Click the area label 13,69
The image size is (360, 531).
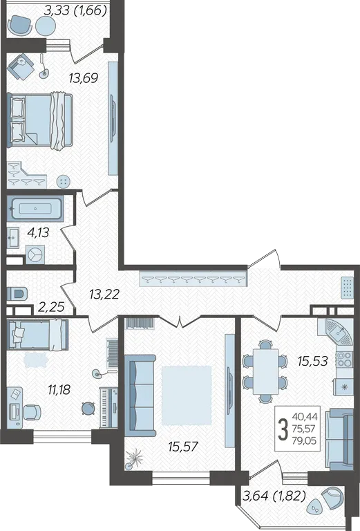pyautogui.click(x=83, y=78)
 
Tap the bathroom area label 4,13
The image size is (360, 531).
pyautogui.click(x=38, y=232)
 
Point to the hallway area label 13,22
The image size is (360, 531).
pyautogui.click(x=104, y=295)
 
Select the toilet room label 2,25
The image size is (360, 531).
pyautogui.click(x=51, y=307)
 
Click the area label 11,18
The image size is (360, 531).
pyautogui.click(x=59, y=390)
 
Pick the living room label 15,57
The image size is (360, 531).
pyautogui.click(x=183, y=447)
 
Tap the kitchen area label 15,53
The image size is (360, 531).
pyautogui.click(x=312, y=361)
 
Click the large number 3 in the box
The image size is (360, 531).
pyautogui.click(x=283, y=429)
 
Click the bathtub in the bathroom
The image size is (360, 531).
pyautogui.click(x=35, y=209)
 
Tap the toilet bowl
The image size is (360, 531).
pyautogui.click(x=17, y=293)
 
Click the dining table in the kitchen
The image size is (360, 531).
pyautogui.click(x=265, y=371)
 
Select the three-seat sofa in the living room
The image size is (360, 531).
pyautogui.click(x=140, y=395)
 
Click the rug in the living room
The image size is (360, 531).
pyautogui.click(x=187, y=395)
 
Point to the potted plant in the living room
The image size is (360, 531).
pyautogui.click(x=134, y=458)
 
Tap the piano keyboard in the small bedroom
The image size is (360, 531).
pyautogui.click(x=108, y=408)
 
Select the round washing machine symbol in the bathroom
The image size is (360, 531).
pyautogui.click(x=35, y=254)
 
